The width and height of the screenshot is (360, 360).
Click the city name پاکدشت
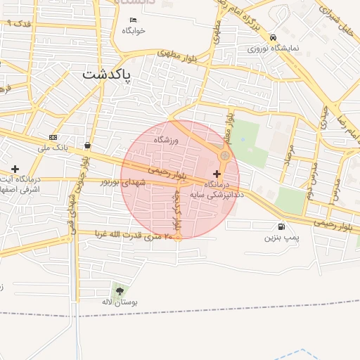click(107, 74)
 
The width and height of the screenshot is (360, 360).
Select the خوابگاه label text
click(133, 30)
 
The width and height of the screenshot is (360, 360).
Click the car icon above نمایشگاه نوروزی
click(273, 38)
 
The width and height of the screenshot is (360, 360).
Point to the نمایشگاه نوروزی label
click(274, 49)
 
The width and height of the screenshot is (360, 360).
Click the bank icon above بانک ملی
click(53, 137)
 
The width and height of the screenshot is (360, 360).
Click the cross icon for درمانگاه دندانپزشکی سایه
click(216, 173)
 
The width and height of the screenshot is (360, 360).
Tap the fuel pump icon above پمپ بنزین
click(282, 226)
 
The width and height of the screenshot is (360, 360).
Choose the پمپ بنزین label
click(282, 238)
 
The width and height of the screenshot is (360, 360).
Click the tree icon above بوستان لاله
click(118, 290)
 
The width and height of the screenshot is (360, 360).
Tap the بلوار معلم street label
click(229, 127)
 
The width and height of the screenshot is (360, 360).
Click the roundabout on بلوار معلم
click(224, 155)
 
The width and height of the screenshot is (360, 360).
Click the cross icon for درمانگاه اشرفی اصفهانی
click(15, 169)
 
